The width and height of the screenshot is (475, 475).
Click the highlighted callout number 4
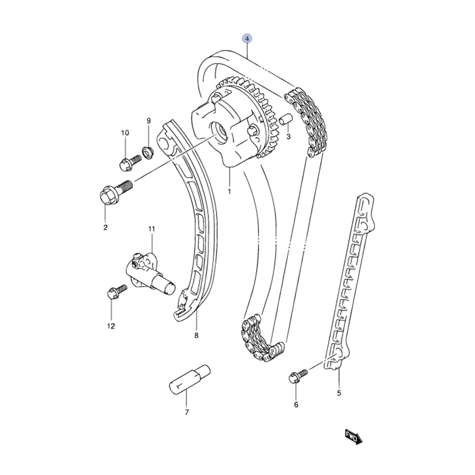point(247,38)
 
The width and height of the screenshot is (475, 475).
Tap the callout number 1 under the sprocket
point(229,191)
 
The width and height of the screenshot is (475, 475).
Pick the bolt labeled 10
point(130,162)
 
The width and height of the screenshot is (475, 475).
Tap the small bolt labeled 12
point(116,291)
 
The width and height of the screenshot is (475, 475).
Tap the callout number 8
point(196,335)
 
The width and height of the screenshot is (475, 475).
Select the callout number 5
point(339,393)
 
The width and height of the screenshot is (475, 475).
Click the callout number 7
point(187,412)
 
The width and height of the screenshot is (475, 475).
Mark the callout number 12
point(111,326)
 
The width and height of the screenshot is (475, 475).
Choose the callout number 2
point(105,228)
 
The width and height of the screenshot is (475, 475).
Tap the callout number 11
point(152,229)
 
